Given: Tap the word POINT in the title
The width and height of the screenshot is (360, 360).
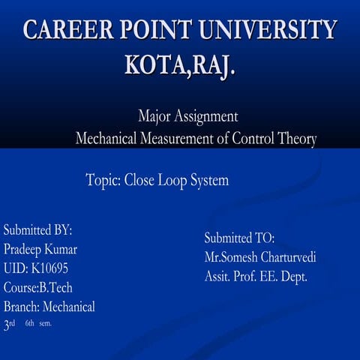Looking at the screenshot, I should pos(163,31).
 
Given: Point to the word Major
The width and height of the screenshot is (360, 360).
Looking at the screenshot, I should pos(154,117).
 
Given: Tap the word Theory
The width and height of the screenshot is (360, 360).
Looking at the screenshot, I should pos(293,139).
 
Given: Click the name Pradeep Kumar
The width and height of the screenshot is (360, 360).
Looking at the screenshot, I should pos(40,248).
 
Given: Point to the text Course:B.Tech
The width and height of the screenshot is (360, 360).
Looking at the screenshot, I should pos(38,286).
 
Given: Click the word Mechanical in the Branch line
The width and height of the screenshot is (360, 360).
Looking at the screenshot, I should pos(69,306).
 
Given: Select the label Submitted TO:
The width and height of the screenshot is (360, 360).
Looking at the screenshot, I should pos(239,238).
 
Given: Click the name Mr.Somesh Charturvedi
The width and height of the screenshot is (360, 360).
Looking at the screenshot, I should pos(259,257).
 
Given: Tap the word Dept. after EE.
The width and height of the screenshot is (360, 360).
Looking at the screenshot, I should pos(292,276).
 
